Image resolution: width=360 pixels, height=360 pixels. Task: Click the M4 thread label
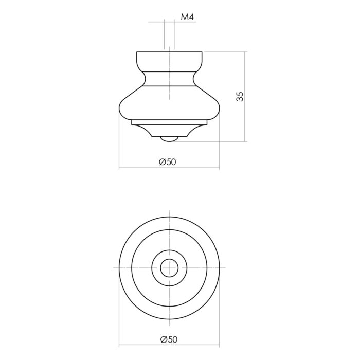(187, 17)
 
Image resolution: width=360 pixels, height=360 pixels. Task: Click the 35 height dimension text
(240, 97)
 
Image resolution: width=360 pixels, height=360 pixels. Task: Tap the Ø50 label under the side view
(168, 162)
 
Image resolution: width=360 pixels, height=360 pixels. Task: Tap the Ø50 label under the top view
(169, 339)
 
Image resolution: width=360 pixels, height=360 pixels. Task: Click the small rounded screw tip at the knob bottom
(169, 139)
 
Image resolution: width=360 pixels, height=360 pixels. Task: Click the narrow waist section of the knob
(169, 78)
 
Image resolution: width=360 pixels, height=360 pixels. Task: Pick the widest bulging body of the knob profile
(169, 103)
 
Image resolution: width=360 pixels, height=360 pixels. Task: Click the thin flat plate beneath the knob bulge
(169, 122)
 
